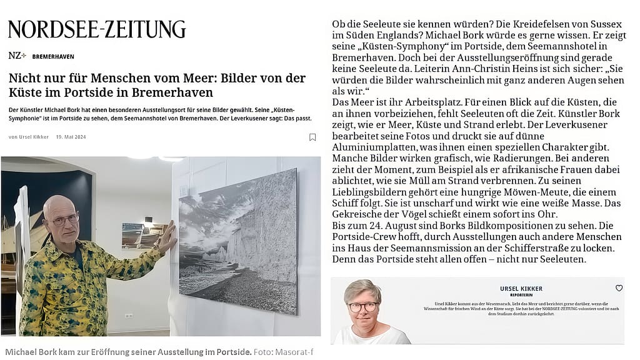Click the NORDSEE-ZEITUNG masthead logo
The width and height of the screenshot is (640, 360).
(97, 29)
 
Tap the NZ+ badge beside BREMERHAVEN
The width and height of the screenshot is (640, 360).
(17, 56)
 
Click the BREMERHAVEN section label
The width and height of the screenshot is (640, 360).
(53, 56)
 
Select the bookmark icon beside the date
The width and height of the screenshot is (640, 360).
(312, 137)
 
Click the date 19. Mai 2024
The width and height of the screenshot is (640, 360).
(72, 137)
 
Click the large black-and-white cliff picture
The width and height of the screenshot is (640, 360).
(238, 241)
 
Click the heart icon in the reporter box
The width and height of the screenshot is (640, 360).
(619, 288)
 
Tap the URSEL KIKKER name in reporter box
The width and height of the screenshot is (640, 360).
(521, 289)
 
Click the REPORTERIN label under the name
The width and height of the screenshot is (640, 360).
(521, 295)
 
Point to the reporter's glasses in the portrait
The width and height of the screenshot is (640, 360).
(363, 307)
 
